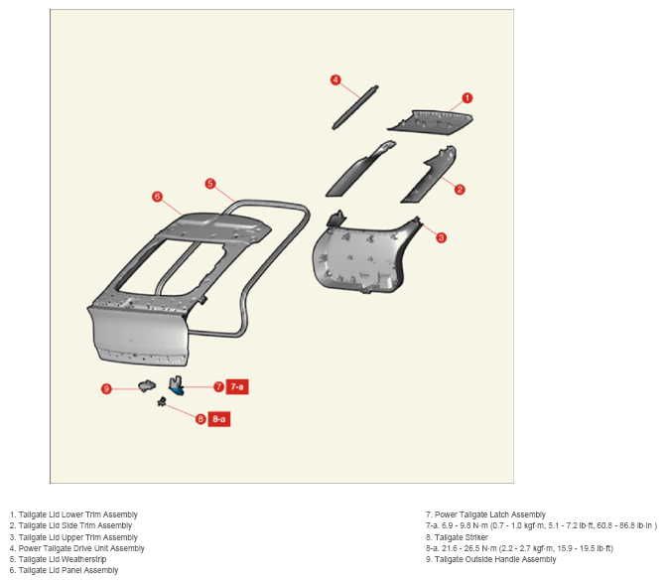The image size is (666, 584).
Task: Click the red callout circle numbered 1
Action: coord(466,98)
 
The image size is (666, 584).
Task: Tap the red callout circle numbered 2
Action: coord(460,190)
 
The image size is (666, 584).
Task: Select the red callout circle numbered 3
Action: coord(441,237)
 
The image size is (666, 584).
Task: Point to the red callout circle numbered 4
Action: coord(335,79)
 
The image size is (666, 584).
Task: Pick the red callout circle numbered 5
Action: coord(210,184)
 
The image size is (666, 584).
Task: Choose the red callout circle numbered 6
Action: coord(157,197)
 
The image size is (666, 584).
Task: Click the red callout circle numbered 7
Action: coord(218,386)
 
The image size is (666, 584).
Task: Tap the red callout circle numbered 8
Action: coord(200,419)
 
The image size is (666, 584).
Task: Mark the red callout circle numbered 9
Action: coord(106,388)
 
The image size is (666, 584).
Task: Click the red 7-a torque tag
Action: coord(237,386)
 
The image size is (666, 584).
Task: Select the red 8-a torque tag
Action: coord(219,419)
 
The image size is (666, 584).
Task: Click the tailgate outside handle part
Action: coord(147,385)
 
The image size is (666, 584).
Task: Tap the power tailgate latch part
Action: coord(176,385)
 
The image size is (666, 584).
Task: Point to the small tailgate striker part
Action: coord(162,401)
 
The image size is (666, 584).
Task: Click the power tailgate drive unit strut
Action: coord(355,107)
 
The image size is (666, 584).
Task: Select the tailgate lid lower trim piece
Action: coord(430,122)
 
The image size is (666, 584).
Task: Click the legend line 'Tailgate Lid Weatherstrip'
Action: coord(58,559)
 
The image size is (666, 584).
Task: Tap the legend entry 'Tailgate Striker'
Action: coord(457,537)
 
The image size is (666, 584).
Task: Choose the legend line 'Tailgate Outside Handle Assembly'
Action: coord(491,559)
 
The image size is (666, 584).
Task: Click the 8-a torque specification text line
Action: coord(519,548)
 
